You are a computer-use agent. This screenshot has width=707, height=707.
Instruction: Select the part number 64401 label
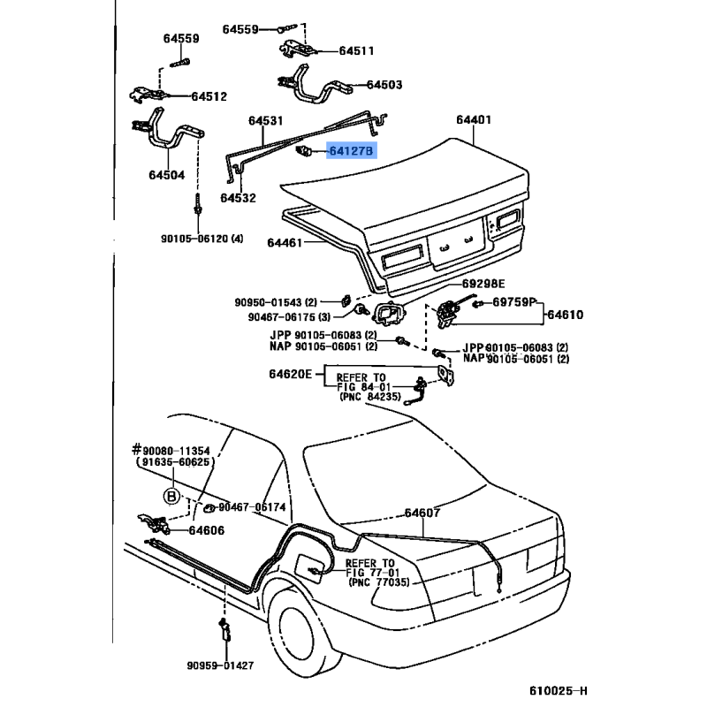click(474, 120)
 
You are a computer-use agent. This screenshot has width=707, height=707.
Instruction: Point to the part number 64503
click(384, 85)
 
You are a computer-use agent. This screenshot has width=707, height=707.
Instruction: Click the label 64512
click(209, 96)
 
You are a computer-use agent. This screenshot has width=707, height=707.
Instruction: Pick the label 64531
click(265, 120)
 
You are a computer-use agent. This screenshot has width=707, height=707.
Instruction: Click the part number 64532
click(238, 198)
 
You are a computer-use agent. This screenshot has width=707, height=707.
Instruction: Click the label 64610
click(564, 314)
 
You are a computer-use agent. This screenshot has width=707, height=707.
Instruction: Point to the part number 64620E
click(291, 374)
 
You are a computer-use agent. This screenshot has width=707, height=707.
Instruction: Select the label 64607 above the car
click(422, 513)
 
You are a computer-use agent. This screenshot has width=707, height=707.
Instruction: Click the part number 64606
click(206, 530)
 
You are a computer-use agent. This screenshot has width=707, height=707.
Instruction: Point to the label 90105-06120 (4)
click(201, 239)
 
